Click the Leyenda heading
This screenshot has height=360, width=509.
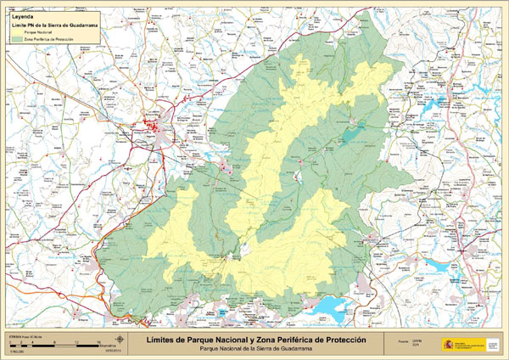21,15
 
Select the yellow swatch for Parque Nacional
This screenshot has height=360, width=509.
16,32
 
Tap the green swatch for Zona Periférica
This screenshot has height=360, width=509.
16,39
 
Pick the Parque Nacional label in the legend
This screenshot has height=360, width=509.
37,32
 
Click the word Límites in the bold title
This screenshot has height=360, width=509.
167,339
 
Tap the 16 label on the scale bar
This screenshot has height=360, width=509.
100,345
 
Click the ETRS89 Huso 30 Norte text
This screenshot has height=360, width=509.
25,336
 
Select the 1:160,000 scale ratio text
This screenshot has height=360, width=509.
15,351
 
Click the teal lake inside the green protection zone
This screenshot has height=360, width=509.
351,132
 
